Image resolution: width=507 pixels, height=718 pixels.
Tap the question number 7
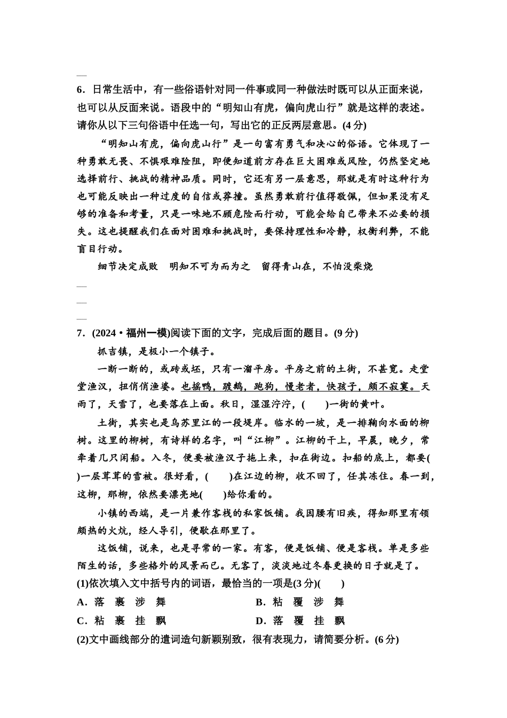[80, 333]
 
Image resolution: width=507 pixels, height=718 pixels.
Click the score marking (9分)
[345, 333]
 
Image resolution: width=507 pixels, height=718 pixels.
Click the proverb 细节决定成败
[128, 267]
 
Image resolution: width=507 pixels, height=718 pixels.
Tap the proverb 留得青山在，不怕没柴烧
[317, 267]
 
